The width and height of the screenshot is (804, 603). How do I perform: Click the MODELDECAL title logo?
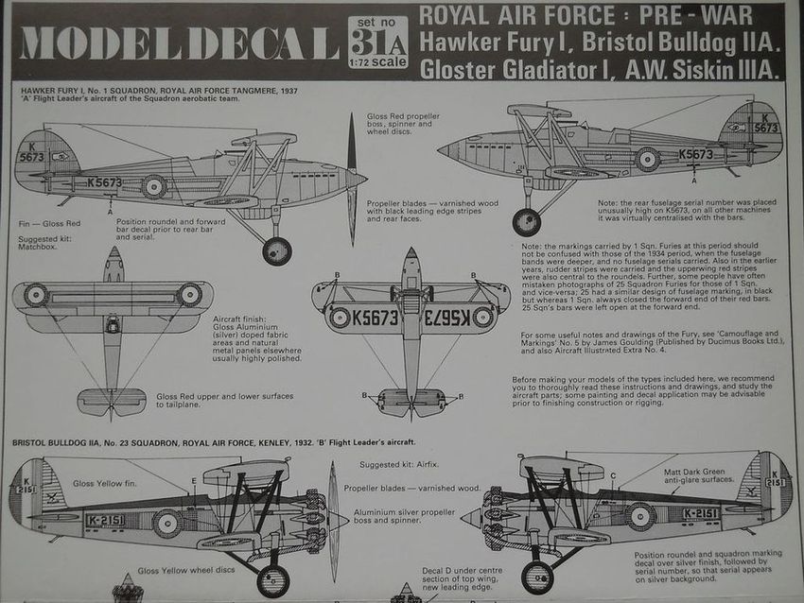click(179, 43)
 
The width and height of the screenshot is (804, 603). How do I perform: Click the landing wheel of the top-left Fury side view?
click(276, 250)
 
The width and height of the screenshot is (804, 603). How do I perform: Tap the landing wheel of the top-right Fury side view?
click(526, 222)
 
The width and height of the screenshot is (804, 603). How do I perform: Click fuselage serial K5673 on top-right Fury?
click(695, 153)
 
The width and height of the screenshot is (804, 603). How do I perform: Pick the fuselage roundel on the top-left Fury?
click(154, 186)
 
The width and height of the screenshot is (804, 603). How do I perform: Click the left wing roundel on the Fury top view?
click(37, 295)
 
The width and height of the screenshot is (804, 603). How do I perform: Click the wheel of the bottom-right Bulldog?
click(536, 577)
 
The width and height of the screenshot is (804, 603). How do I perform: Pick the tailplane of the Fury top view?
click(113, 401)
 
